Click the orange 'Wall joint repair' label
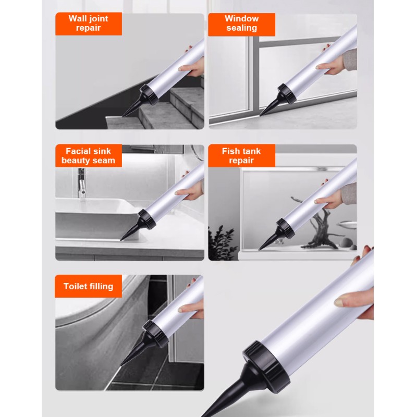[x=89, y=23]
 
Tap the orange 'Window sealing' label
[x=241, y=24]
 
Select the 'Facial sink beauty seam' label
[x=89, y=155]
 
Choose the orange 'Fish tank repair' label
[x=241, y=155]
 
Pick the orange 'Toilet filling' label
[x=88, y=286]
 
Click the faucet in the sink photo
[x=82, y=183]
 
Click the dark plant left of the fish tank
[x=221, y=243]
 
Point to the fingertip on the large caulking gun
[x=338, y=302]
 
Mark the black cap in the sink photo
[x=147, y=219]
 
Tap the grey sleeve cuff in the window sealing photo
[x=350, y=60]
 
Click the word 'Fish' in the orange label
[x=230, y=151]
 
